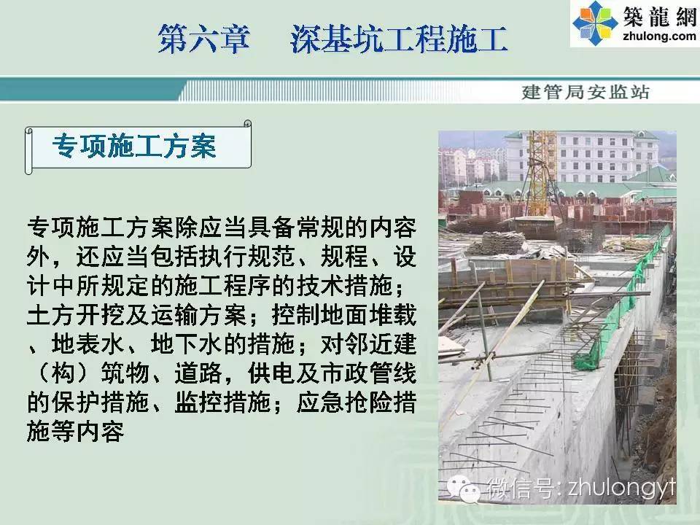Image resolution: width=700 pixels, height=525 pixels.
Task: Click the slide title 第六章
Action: pyautogui.click(x=203, y=39)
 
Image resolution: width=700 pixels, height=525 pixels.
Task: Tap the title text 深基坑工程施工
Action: pyautogui.click(x=399, y=39)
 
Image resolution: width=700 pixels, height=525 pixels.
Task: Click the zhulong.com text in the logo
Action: pyautogui.click(x=659, y=35)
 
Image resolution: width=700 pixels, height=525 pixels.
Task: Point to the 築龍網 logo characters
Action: pyautogui.click(x=660, y=16)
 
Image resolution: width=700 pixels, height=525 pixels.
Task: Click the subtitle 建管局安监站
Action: pyautogui.click(x=586, y=92)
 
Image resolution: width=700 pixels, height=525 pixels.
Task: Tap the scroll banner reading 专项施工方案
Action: pyautogui.click(x=139, y=147)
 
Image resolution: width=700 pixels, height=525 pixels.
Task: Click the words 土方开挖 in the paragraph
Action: pyautogui.click(x=76, y=315)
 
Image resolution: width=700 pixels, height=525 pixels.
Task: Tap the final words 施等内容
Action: pyautogui.click(x=76, y=431)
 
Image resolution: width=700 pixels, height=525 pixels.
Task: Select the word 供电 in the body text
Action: pyautogui.click(x=272, y=373)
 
